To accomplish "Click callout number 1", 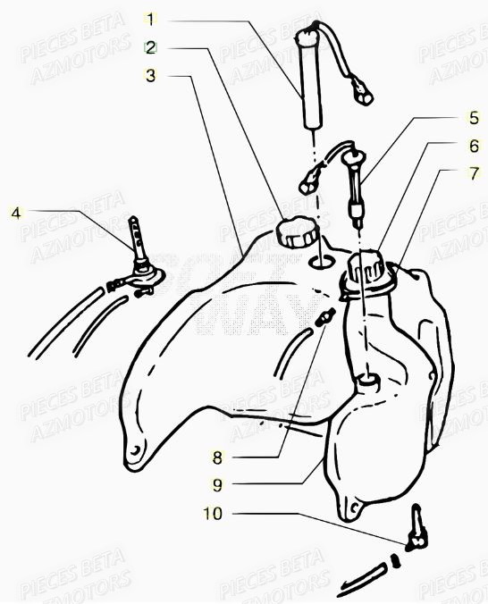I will point(151,19).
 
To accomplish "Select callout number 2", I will point(151,46).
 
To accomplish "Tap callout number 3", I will point(151,76).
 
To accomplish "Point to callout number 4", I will point(14,212).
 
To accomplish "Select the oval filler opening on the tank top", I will point(320,262).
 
